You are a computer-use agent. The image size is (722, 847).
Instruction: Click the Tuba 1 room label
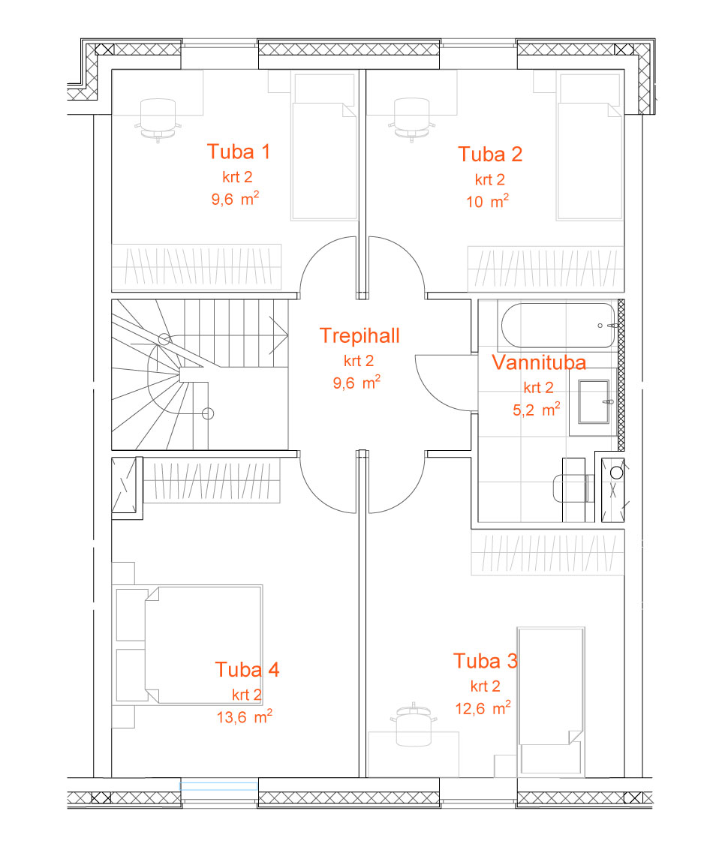tap(239, 152)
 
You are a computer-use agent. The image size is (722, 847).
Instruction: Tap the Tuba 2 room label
tap(490, 155)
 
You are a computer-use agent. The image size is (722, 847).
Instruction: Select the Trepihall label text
tap(359, 335)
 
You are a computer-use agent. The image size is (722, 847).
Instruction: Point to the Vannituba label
tap(539, 362)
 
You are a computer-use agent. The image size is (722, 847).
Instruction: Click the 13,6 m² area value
tap(244, 716)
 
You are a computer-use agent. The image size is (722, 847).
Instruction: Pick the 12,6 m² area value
tap(483, 708)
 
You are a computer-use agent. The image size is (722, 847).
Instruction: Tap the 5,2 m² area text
tap(536, 410)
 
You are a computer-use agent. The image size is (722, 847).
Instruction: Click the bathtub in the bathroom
tap(558, 325)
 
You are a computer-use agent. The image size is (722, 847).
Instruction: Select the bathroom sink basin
tap(594, 401)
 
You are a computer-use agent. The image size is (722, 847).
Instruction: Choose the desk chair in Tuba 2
tap(412, 119)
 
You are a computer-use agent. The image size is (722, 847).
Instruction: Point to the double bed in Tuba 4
tap(203, 644)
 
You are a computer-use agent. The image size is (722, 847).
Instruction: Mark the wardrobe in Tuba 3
tap(547, 552)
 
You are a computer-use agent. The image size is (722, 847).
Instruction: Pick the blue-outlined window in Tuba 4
tap(219, 786)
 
